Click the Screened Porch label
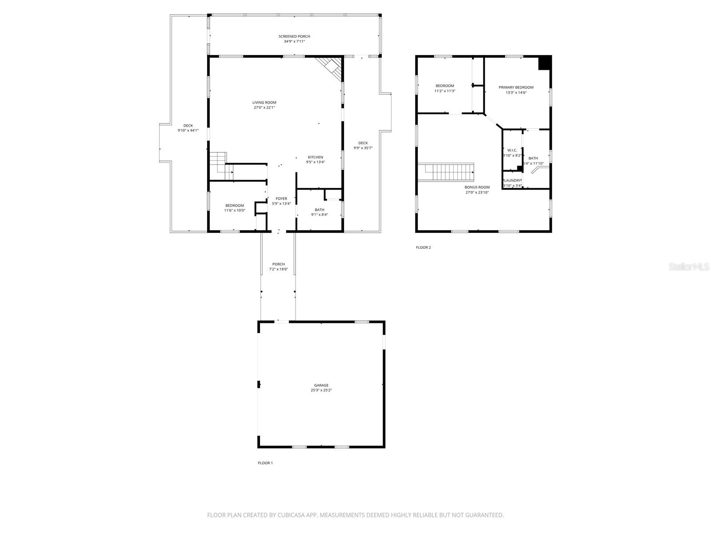point(294,36)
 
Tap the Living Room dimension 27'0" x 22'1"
point(264,107)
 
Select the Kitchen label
point(316,157)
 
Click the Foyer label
point(281,199)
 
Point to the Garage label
point(321,385)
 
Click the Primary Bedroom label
point(516,88)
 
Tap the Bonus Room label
point(477,187)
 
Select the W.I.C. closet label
point(512,150)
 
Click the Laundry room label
point(512,180)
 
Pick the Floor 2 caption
point(423,247)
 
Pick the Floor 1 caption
point(265,463)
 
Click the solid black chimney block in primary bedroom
point(545,63)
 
